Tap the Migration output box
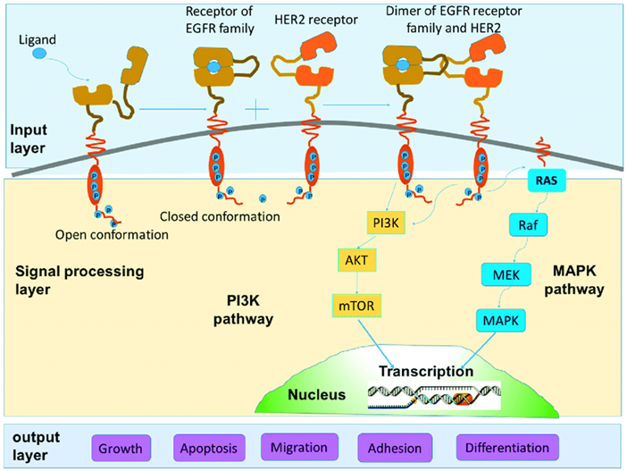(300, 446)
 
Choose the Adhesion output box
(396, 447)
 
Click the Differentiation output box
(507, 447)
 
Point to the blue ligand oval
(40, 55)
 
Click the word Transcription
(422, 371)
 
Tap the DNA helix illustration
(433, 394)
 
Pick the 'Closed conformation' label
(220, 216)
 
